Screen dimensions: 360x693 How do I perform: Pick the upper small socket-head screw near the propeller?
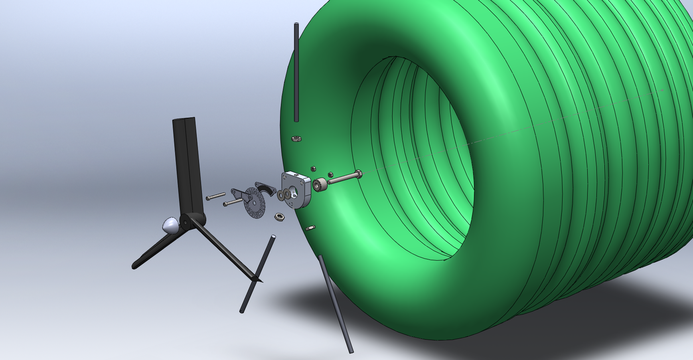point(216,196)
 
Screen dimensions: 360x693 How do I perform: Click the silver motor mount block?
point(297,189)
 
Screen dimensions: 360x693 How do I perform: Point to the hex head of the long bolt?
point(357,174)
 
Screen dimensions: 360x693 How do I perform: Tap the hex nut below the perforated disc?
point(279,217)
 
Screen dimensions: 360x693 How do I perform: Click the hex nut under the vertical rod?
point(296,138)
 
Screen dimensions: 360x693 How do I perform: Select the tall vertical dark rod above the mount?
point(296,72)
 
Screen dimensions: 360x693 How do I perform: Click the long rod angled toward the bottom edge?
point(335,303)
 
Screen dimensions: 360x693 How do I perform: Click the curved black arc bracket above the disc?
point(266,188)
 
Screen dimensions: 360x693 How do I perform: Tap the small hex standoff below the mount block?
point(310,228)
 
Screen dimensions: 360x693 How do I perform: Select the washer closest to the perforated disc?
point(280,196)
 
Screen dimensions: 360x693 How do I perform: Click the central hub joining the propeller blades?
point(187,220)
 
